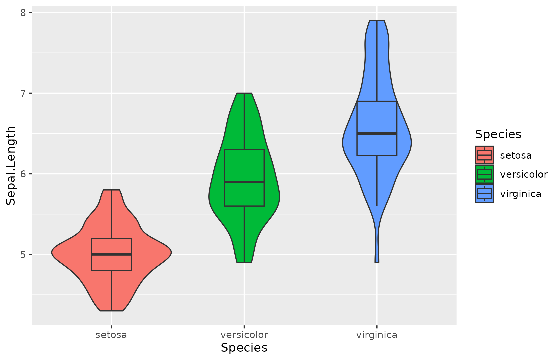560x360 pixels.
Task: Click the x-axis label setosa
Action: tap(111, 335)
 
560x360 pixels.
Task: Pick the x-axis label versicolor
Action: tap(244, 335)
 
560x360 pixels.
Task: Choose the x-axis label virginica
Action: tap(377, 335)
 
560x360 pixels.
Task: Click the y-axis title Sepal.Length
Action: tap(11, 166)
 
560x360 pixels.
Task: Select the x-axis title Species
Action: tap(244, 348)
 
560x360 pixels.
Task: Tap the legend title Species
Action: tap(498, 134)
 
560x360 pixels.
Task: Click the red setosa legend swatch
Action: tap(484, 155)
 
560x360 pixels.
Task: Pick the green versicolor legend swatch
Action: tap(484, 174)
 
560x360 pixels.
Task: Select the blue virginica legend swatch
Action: tap(484, 194)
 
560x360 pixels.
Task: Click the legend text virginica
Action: tap(520, 194)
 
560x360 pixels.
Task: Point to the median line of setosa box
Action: tap(111, 254)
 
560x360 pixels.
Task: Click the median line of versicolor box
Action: tap(244, 182)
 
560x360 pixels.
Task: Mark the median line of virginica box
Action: tap(377, 133)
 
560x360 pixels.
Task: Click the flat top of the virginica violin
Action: tap(377, 21)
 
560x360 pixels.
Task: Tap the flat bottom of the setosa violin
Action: tap(111, 311)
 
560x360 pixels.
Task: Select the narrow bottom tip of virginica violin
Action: tap(377, 262)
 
